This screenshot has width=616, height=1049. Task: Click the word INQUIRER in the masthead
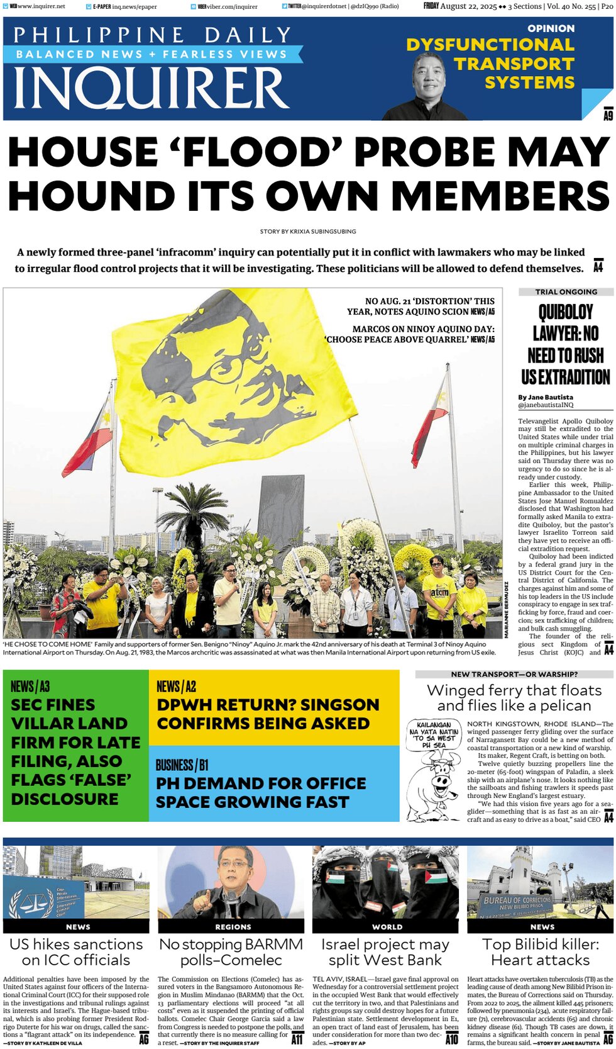click(151, 88)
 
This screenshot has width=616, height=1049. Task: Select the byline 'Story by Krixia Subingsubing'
click(308, 232)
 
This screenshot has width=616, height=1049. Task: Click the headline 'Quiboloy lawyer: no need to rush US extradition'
click(565, 344)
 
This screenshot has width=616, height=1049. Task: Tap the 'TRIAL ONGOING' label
click(566, 292)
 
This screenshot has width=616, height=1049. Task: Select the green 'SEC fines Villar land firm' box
click(75, 745)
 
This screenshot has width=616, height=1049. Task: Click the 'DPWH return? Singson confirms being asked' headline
click(268, 714)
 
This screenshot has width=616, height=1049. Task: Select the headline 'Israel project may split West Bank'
click(385, 952)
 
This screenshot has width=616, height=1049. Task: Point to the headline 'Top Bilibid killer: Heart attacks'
click(541, 952)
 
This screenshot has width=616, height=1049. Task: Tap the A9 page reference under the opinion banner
click(608, 115)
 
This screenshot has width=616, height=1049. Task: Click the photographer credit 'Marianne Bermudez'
click(507, 610)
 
